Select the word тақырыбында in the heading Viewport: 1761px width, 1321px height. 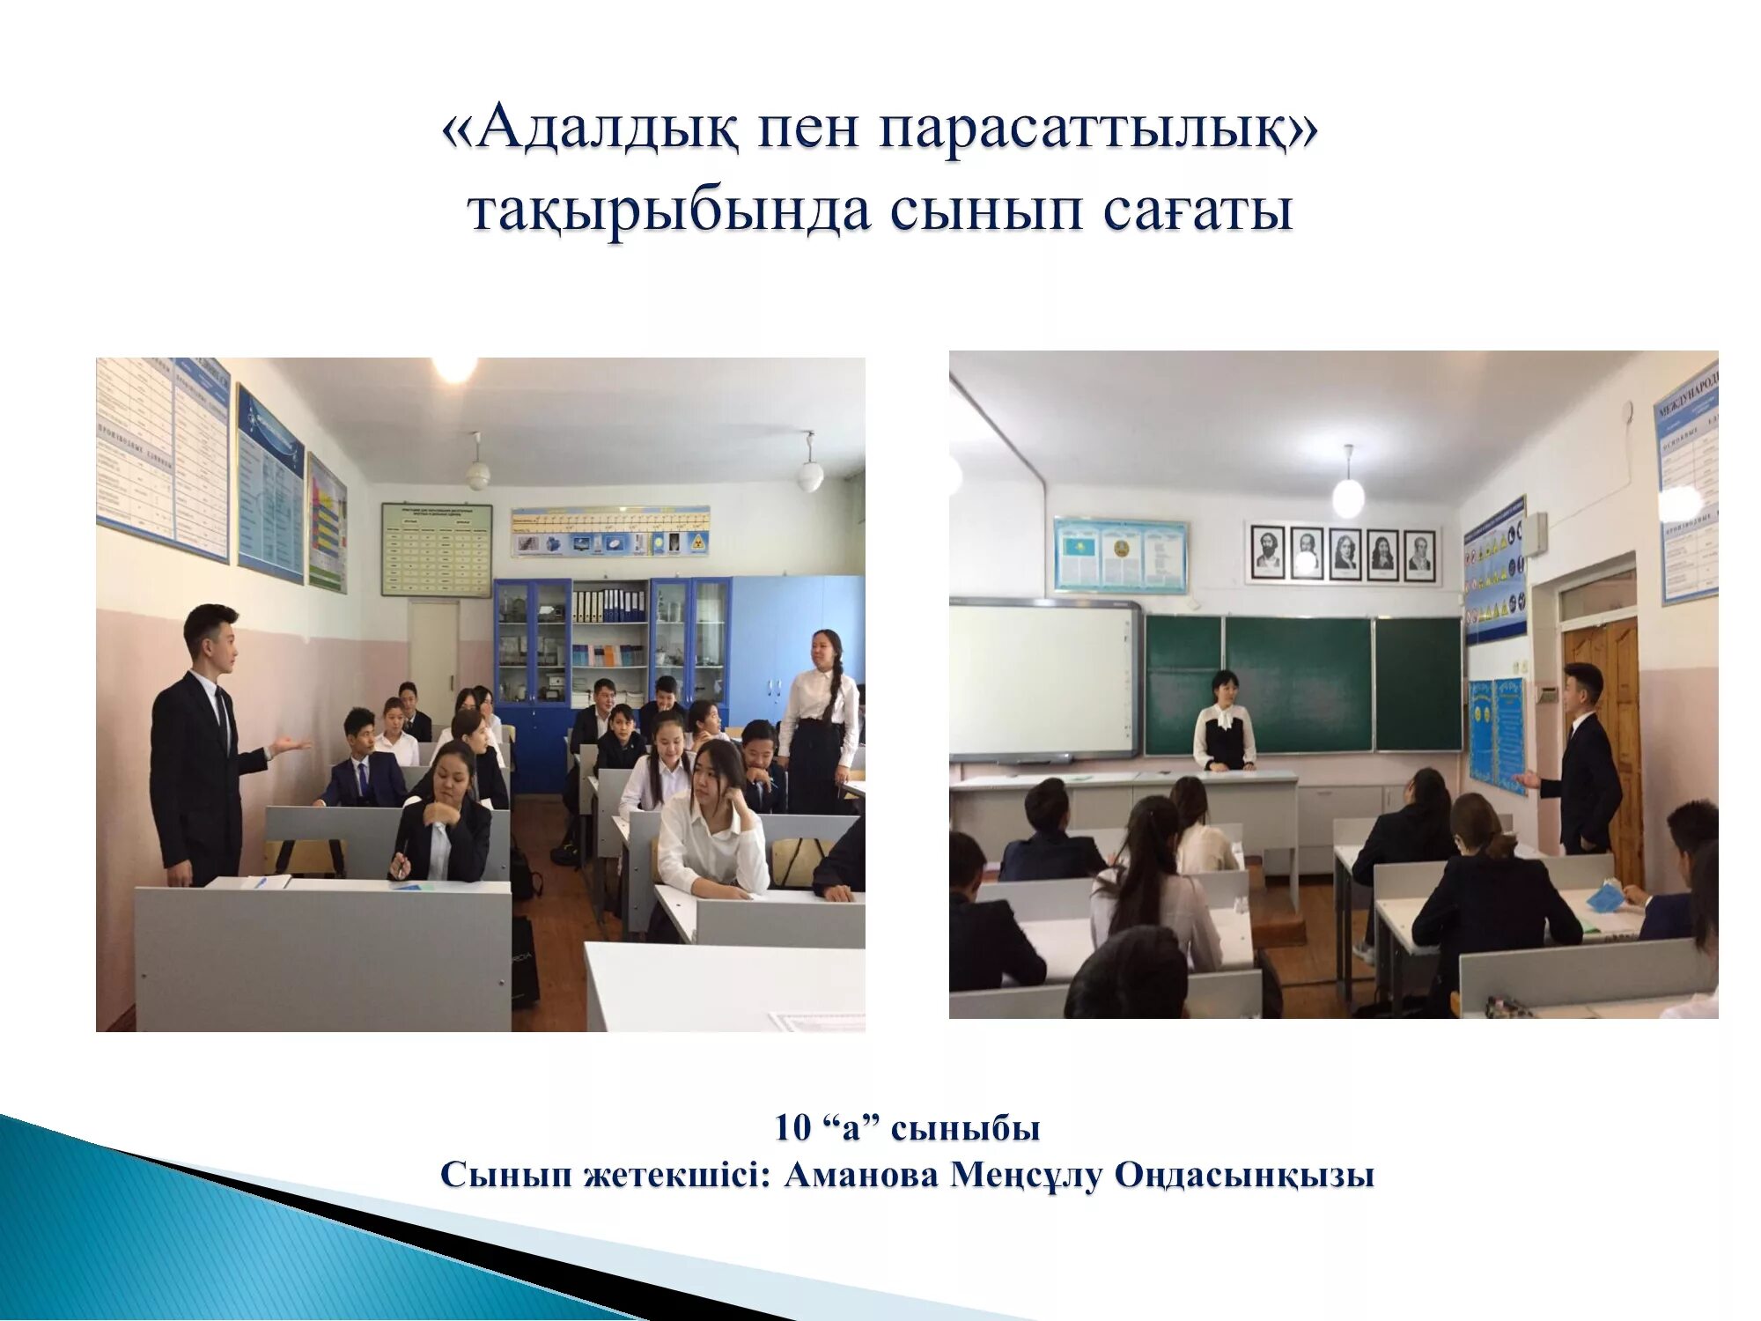point(669,211)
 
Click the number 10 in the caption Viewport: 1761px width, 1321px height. point(792,1128)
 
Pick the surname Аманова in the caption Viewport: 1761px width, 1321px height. point(861,1175)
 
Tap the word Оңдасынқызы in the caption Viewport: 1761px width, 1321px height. point(1244,1175)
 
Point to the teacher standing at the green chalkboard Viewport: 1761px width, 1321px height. point(1224,722)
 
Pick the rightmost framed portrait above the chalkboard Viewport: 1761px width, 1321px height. point(1419,553)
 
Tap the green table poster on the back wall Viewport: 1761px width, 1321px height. point(436,550)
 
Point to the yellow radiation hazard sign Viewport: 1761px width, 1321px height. point(696,542)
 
